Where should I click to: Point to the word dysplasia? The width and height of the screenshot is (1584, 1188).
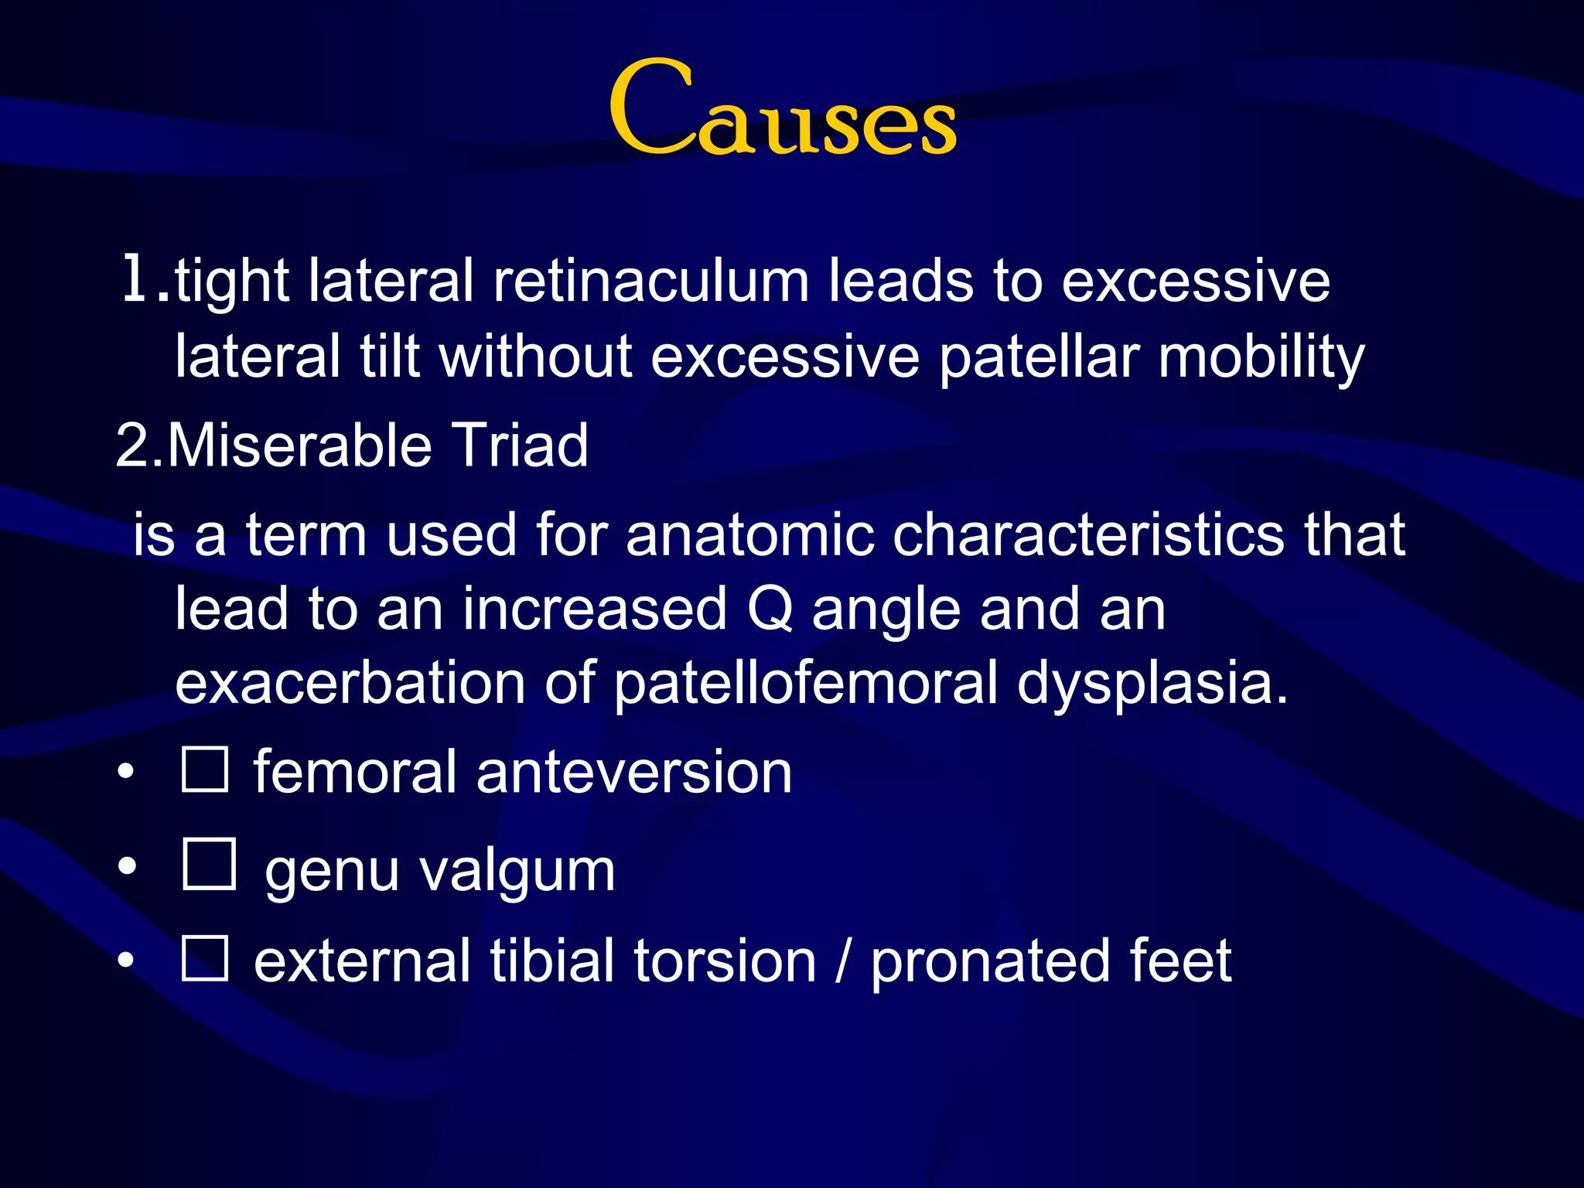pyautogui.click(x=1152, y=684)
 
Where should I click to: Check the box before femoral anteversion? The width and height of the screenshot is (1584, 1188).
pyautogui.click(x=205, y=770)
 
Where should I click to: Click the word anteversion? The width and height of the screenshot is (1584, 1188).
pyautogui.click(x=634, y=773)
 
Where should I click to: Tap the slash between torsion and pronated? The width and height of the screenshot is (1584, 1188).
pyautogui.click(x=843, y=961)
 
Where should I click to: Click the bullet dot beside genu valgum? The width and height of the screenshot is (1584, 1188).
pyautogui.click(x=127, y=866)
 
